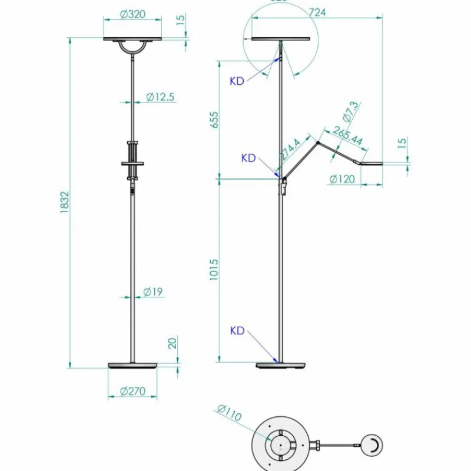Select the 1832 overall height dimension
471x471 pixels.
[65, 203]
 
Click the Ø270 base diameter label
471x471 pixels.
[133, 392]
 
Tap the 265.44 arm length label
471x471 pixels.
[347, 137]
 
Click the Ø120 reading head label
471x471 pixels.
[342, 179]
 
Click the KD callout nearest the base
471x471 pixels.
[237, 331]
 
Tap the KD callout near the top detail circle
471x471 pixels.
[237, 81]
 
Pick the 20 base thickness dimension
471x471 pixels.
[173, 343]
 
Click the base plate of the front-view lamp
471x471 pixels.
[133, 366]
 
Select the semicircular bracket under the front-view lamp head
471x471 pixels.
[133, 47]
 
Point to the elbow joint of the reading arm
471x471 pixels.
[319, 142]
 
